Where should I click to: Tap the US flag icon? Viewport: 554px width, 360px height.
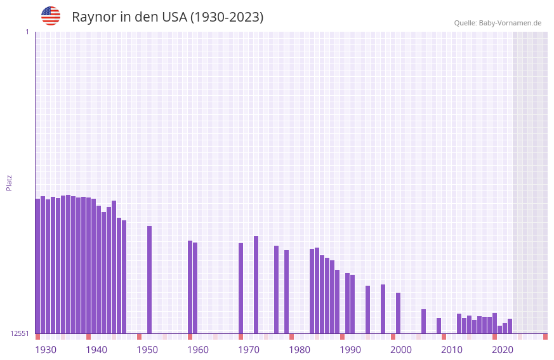click(x=51, y=16)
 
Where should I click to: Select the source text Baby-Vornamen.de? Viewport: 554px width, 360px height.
click(x=510, y=23)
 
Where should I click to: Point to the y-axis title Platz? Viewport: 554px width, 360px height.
click(x=9, y=182)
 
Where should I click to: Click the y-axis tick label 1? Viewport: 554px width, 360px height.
click(x=27, y=32)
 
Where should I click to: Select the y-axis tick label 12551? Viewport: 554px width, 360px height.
click(x=20, y=333)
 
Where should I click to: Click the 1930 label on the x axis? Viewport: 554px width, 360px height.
click(x=46, y=350)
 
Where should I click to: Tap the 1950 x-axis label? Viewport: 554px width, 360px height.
click(x=147, y=350)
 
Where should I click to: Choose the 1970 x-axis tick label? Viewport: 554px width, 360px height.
click(x=249, y=350)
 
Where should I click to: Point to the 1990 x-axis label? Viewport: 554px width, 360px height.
click(x=350, y=350)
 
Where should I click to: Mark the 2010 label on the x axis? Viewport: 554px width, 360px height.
click(x=452, y=350)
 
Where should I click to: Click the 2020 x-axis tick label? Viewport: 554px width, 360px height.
click(x=503, y=350)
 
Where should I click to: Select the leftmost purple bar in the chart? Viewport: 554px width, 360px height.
click(x=37, y=267)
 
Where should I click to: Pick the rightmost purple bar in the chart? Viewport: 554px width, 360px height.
click(x=510, y=326)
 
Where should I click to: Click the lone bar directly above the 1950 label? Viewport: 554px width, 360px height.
click(x=149, y=279)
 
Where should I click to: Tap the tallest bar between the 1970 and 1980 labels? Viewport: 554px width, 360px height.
click(x=256, y=284)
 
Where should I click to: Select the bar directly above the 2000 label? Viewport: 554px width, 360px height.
click(x=398, y=313)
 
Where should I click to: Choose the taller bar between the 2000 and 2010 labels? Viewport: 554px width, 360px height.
click(x=423, y=321)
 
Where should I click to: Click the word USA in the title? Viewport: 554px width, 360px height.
click(x=174, y=17)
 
